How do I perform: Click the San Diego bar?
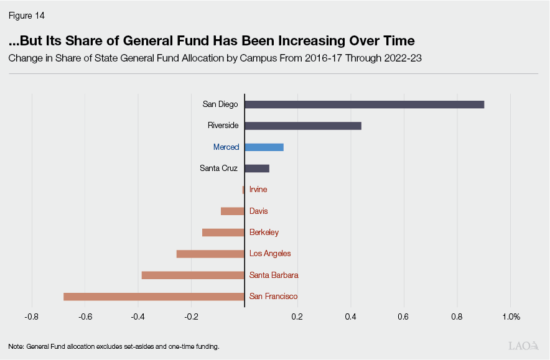tap(364, 104)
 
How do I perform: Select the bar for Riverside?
tap(302, 126)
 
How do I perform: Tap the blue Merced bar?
tap(264, 147)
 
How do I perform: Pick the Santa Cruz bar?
tap(256, 168)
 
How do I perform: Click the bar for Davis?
tap(232, 211)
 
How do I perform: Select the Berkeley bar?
tap(223, 233)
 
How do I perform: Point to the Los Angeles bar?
tap(210, 254)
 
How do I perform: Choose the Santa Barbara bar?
tap(192, 275)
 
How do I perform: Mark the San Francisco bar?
tap(154, 297)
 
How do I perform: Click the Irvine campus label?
tap(258, 190)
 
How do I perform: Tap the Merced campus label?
tap(226, 147)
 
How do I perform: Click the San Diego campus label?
tap(220, 104)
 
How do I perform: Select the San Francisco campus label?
tap(273, 297)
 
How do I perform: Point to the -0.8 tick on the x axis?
tap(31, 316)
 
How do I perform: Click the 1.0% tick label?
tap(511, 316)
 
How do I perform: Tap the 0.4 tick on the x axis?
tap(351, 316)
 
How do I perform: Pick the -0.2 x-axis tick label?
tap(191, 316)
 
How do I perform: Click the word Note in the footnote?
tap(16, 346)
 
